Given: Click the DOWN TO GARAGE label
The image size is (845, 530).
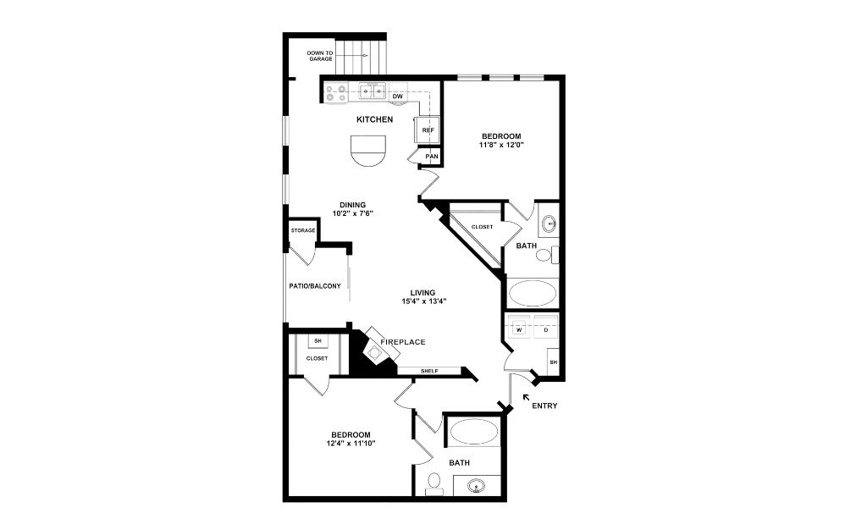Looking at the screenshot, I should (x=320, y=57).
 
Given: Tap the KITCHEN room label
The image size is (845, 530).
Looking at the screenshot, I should (x=374, y=119).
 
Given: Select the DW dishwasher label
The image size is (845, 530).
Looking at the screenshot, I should (x=397, y=97).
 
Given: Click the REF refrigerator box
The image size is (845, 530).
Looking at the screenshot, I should (x=428, y=130).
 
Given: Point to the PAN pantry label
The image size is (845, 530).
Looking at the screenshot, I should (x=432, y=157).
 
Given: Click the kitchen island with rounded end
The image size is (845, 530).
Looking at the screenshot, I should (x=369, y=151).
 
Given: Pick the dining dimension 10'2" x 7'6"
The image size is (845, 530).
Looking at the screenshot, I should (x=353, y=213).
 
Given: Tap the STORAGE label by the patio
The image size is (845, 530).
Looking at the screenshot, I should (x=303, y=230).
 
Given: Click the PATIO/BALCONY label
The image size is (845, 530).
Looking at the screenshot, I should (x=315, y=286).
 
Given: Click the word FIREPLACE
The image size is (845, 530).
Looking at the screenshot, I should (x=402, y=342).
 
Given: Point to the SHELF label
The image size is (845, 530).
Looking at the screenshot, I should (x=429, y=371).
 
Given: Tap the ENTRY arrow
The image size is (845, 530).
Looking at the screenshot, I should (x=527, y=396).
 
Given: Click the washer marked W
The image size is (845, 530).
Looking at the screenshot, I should (x=518, y=329).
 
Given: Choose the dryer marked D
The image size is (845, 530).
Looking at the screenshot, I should (x=546, y=329).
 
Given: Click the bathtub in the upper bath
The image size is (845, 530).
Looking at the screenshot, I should (x=532, y=294).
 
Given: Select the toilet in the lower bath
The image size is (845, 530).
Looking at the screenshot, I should (x=434, y=482).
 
